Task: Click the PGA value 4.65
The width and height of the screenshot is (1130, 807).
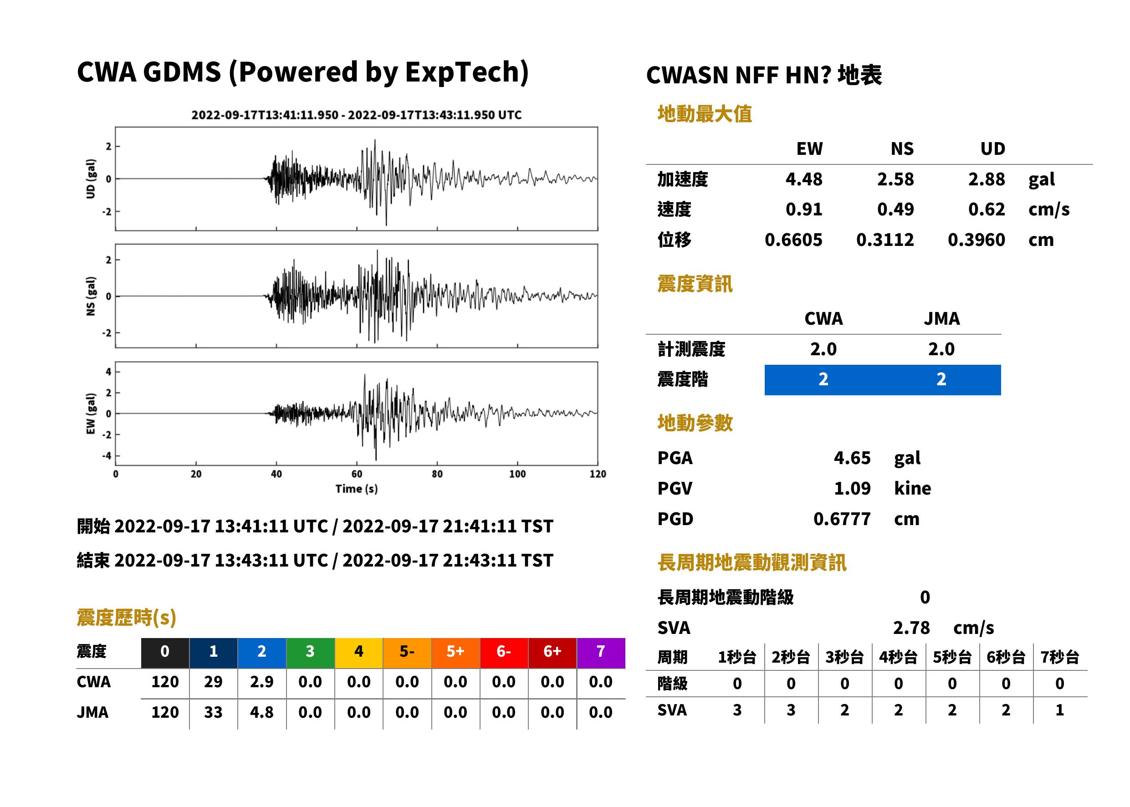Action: (x=852, y=458)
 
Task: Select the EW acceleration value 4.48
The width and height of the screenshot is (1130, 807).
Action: (x=803, y=179)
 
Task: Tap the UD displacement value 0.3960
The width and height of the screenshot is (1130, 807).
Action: (x=976, y=240)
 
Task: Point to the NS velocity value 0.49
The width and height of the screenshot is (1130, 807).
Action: (x=895, y=209)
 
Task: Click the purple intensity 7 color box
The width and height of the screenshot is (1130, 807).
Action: (x=601, y=653)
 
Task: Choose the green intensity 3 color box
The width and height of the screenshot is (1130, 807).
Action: (x=310, y=653)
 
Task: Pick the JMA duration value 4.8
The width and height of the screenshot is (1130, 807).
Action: (x=261, y=712)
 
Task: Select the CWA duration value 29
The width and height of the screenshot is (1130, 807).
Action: (x=213, y=682)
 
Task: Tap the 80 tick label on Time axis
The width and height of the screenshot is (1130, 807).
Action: (x=437, y=474)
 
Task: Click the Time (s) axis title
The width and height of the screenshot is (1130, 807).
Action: (x=356, y=489)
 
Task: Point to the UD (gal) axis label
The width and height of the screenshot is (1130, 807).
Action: (x=91, y=179)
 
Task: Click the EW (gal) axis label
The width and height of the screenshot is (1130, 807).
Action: (x=91, y=414)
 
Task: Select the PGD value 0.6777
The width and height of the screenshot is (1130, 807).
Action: (x=842, y=519)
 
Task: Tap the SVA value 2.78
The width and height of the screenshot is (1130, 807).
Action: (x=911, y=628)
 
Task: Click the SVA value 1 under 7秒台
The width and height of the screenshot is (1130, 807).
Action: (x=1059, y=710)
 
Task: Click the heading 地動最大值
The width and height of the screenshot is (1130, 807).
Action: (x=704, y=114)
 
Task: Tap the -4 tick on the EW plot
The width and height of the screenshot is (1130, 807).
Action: (x=107, y=456)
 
